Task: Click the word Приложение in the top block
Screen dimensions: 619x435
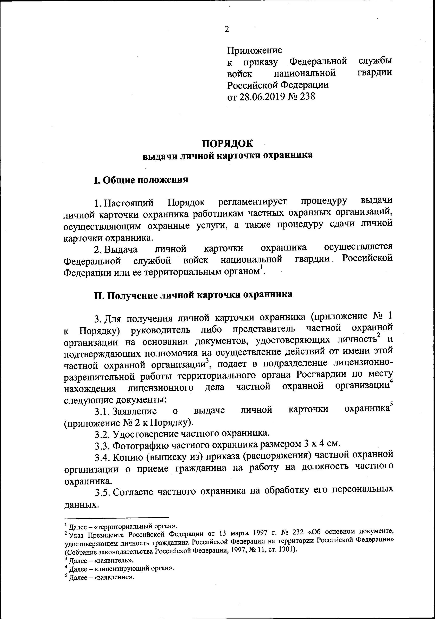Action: pyautogui.click(x=254, y=50)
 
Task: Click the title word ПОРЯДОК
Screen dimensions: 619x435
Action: pyautogui.click(x=228, y=143)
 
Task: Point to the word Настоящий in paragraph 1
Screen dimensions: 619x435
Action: pyautogui.click(x=129, y=202)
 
